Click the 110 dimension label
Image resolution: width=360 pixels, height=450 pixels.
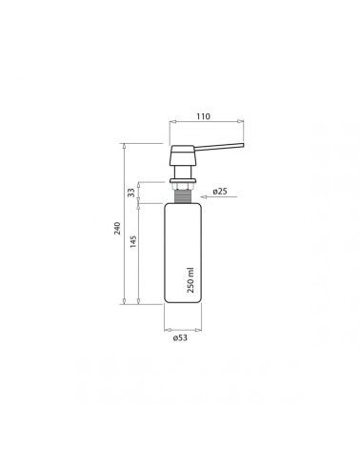tap(203, 116)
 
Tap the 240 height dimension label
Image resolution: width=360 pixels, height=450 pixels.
tap(117, 228)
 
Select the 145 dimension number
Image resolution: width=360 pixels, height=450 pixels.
tap(133, 241)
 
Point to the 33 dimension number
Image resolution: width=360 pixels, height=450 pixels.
tap(131, 193)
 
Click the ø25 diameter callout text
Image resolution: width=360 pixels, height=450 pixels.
tap(220, 192)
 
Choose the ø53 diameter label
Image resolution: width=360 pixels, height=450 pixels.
tap(180, 337)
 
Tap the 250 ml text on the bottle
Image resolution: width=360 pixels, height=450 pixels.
tap(190, 280)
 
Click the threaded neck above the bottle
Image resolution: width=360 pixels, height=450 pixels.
tap(183, 196)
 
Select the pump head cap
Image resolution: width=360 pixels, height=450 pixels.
tap(182, 155)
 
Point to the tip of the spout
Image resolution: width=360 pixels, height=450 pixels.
tap(243, 145)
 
